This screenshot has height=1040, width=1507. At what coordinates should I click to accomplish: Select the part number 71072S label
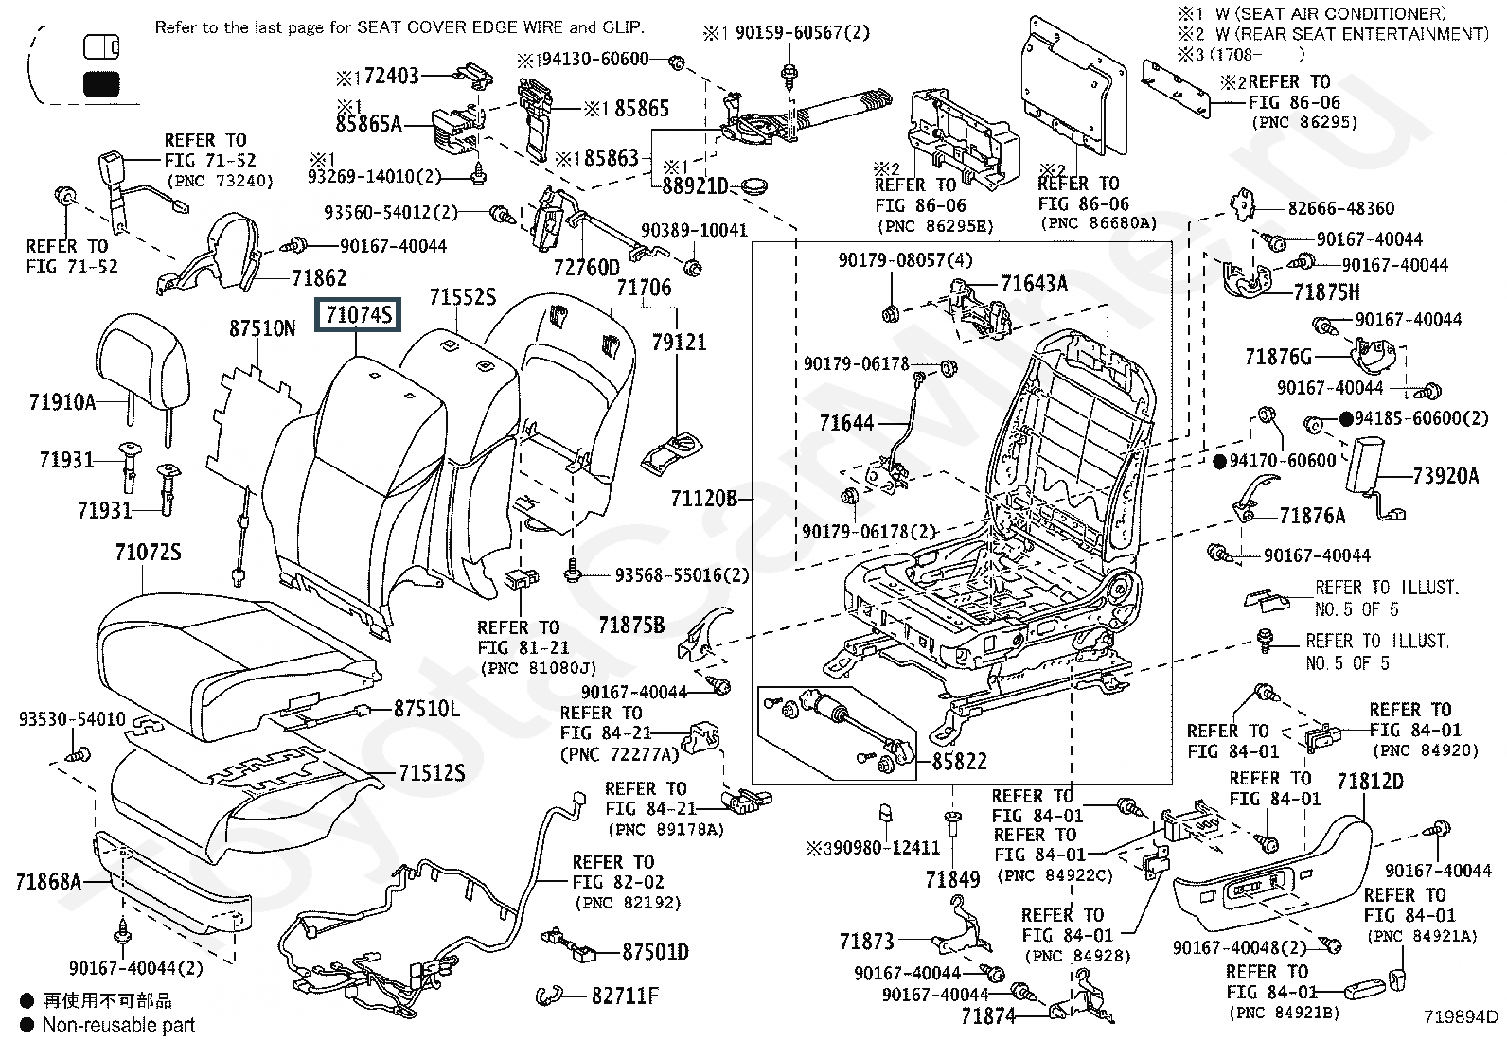148,551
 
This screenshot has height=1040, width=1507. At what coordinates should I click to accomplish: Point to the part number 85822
959,761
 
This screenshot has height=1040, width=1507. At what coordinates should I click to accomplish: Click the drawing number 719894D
1462,1017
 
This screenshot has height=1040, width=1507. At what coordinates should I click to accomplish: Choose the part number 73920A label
1445,476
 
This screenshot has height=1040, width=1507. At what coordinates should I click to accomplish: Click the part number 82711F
625,996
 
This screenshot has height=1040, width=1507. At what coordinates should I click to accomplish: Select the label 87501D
655,951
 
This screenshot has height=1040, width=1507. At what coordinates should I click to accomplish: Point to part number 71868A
48,882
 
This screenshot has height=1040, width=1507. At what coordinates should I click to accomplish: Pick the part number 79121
679,342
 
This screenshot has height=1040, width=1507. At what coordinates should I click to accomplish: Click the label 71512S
432,773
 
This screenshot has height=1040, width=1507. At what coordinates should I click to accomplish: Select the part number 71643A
1034,283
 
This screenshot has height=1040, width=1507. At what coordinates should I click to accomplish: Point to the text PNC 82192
628,903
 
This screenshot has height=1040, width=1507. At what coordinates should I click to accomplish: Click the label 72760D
586,268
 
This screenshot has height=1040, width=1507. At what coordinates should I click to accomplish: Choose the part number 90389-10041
694,230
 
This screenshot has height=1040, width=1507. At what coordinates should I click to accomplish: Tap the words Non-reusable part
119,1025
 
